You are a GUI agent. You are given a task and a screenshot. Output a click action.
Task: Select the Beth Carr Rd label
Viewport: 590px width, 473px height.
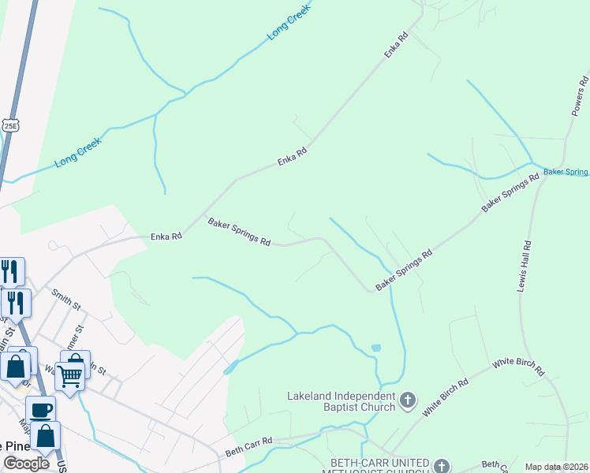[248, 446]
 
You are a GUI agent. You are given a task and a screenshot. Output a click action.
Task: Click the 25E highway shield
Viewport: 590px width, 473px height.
[9, 125]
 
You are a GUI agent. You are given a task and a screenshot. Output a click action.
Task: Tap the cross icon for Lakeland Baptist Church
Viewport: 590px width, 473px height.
[408, 400]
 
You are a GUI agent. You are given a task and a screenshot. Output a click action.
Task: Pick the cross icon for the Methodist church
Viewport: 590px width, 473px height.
[441, 466]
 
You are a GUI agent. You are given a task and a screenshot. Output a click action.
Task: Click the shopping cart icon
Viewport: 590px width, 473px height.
[69, 377]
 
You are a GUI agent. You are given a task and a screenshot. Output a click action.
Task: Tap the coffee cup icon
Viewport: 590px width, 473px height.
[40, 409]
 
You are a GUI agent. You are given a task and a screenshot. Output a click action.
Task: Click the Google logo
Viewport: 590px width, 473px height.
[26, 463]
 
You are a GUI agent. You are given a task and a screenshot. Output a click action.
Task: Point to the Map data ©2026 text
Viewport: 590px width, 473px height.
[557, 467]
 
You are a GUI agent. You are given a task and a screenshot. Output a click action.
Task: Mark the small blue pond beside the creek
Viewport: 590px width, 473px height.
[375, 347]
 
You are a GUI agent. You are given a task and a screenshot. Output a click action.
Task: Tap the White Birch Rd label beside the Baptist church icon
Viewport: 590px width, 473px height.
[445, 397]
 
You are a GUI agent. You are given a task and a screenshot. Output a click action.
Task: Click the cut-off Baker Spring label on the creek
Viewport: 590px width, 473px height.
[566, 171]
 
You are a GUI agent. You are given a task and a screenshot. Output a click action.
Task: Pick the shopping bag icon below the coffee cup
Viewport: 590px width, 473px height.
[46, 435]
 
